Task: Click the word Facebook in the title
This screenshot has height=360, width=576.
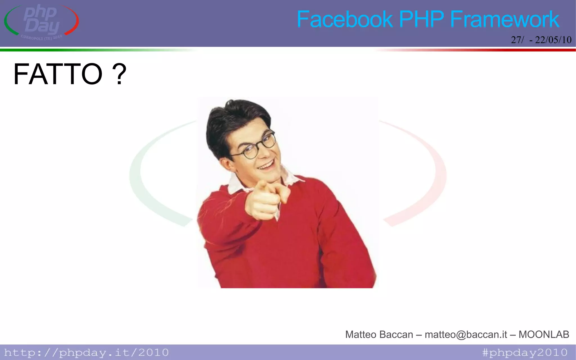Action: pyautogui.click(x=345, y=19)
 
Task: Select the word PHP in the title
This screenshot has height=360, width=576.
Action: pyautogui.click(x=421, y=19)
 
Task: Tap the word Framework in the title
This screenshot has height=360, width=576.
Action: pyautogui.click(x=505, y=19)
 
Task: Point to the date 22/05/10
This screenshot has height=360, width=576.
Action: pyautogui.click(x=553, y=40)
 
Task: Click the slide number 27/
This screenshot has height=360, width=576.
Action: pyautogui.click(x=517, y=40)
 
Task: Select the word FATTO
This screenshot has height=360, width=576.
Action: pyautogui.click(x=58, y=74)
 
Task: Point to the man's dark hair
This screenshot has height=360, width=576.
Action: pyautogui.click(x=233, y=118)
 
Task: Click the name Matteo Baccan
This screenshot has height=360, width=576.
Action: pyautogui.click(x=379, y=334)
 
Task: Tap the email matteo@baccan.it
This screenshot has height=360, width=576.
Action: pyautogui.click(x=466, y=334)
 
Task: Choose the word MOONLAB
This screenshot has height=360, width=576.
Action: pyautogui.click(x=544, y=334)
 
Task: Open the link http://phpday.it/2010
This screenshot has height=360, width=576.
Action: pyautogui.click(x=86, y=352)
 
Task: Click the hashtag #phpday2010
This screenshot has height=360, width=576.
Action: pyautogui.click(x=525, y=352)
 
